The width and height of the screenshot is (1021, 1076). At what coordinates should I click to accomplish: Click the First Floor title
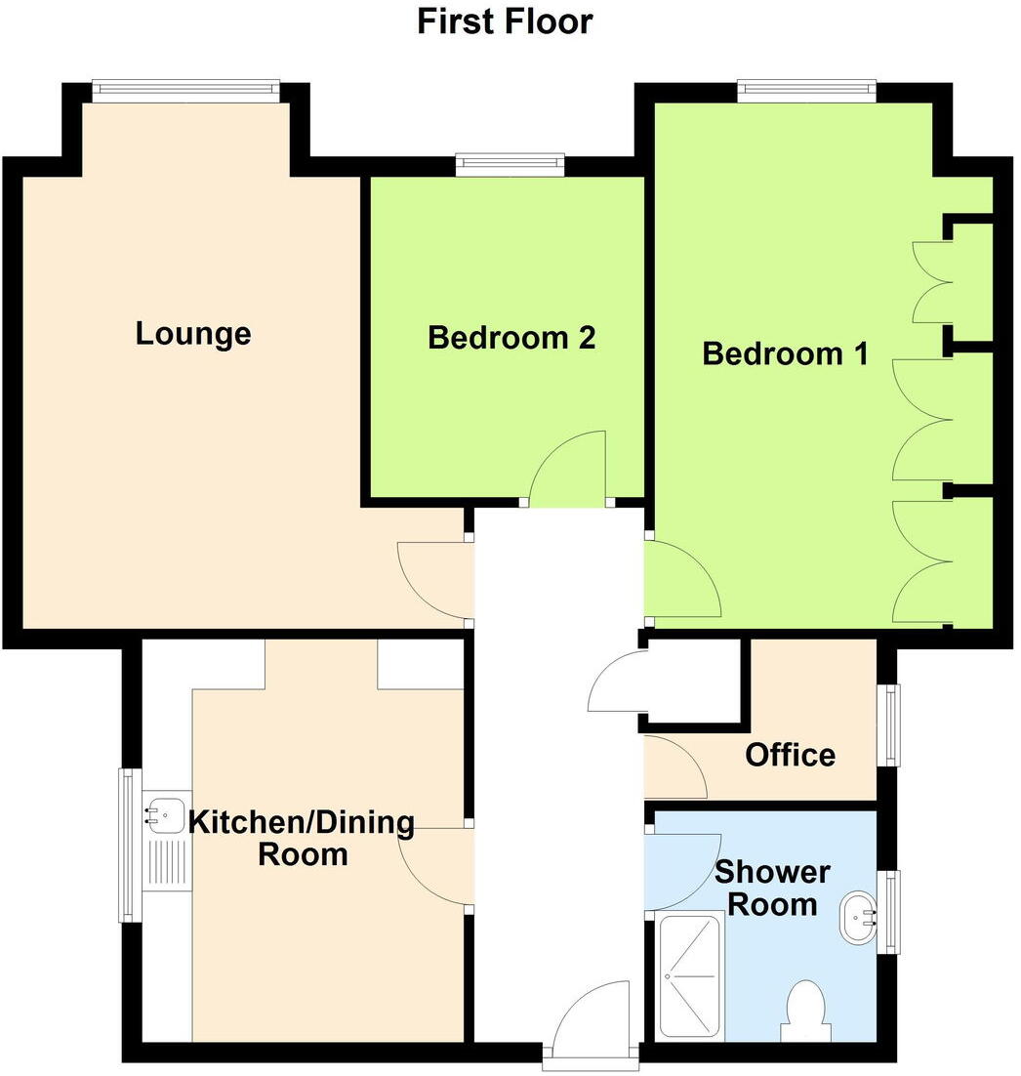coord(505,21)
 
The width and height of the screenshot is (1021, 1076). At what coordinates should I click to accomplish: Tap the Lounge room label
coord(193,334)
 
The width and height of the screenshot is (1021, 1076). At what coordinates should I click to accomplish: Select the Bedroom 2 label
coord(511,338)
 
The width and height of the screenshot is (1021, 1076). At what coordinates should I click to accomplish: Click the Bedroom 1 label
coord(785,352)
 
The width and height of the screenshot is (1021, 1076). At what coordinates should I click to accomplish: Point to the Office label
coord(790,755)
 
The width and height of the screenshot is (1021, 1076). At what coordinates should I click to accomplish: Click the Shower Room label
coord(773,888)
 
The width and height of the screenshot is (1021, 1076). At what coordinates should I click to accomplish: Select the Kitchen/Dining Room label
coord(301,838)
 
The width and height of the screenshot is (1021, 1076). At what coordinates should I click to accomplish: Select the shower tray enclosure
coord(691,976)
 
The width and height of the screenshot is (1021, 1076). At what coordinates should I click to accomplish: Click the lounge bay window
coord(186,90)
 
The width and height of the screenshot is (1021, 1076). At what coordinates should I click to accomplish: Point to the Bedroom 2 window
coord(510,164)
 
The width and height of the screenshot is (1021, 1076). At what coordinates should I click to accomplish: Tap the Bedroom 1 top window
coord(806,90)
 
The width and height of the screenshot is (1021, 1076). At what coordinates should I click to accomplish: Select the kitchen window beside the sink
coord(128,846)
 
